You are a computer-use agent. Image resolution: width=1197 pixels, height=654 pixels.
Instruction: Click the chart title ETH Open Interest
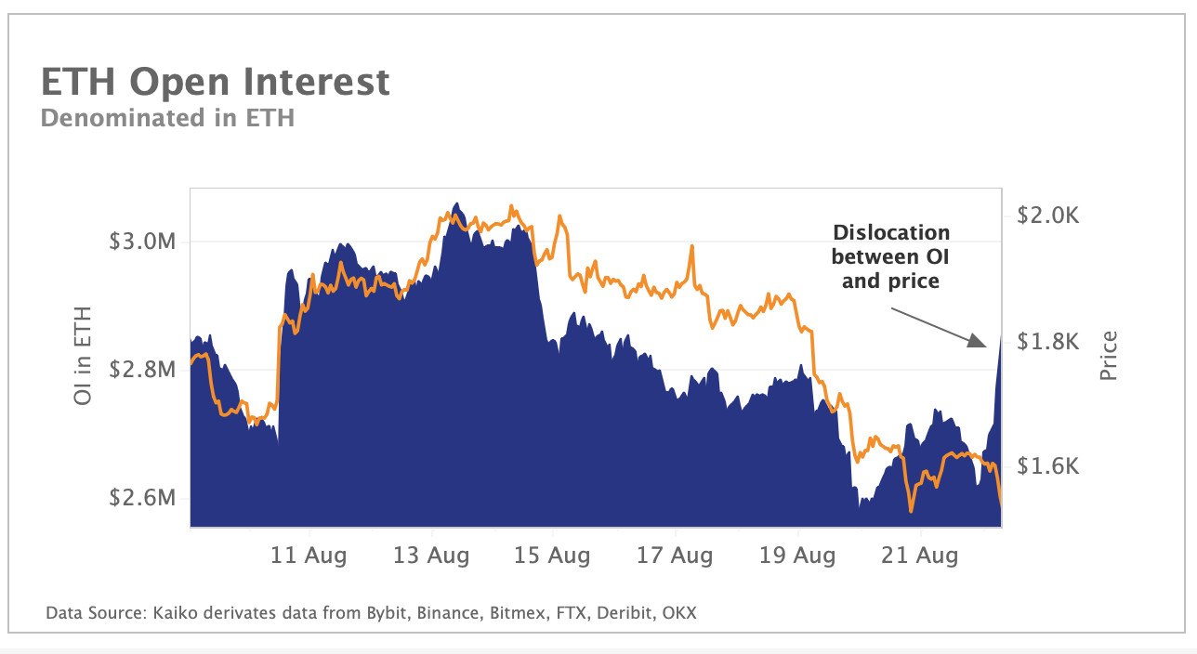[x=215, y=82]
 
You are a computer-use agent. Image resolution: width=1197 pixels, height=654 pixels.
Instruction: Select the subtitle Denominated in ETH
[x=167, y=118]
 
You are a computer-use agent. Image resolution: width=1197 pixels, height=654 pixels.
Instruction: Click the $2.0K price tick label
[x=1047, y=216]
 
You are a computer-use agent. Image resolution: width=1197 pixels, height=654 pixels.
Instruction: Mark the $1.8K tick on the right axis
[x=1047, y=342]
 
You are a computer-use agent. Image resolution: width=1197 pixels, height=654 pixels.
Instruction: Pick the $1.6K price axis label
[x=1047, y=466]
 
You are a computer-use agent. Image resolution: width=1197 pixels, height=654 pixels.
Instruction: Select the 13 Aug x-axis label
[x=432, y=556]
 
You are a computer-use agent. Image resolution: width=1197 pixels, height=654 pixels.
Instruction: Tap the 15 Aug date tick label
[x=554, y=556]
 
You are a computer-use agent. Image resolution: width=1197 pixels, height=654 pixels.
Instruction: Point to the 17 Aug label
[x=676, y=556]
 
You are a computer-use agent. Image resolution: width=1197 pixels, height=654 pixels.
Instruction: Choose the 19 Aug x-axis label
[x=798, y=556]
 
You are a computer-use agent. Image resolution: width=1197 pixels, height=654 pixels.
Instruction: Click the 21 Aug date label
[x=920, y=556]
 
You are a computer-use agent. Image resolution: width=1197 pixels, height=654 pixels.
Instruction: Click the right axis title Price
[x=1108, y=356]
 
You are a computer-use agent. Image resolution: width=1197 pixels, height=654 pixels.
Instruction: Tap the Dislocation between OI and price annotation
[x=890, y=255]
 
